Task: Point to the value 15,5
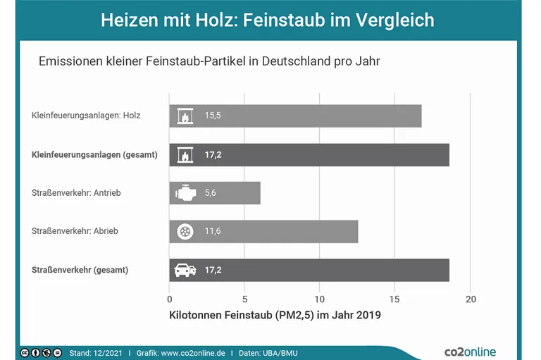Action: click(213, 116)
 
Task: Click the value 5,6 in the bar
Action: click(211, 193)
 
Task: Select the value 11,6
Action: click(213, 231)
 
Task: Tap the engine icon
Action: click(184, 193)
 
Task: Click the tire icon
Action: click(184, 231)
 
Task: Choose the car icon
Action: click(184, 270)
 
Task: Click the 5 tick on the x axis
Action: click(244, 299)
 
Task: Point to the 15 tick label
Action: click(395, 299)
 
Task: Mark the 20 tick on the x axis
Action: click(471, 299)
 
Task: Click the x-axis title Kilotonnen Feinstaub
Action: click(275, 316)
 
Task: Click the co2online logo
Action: click(469, 351)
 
